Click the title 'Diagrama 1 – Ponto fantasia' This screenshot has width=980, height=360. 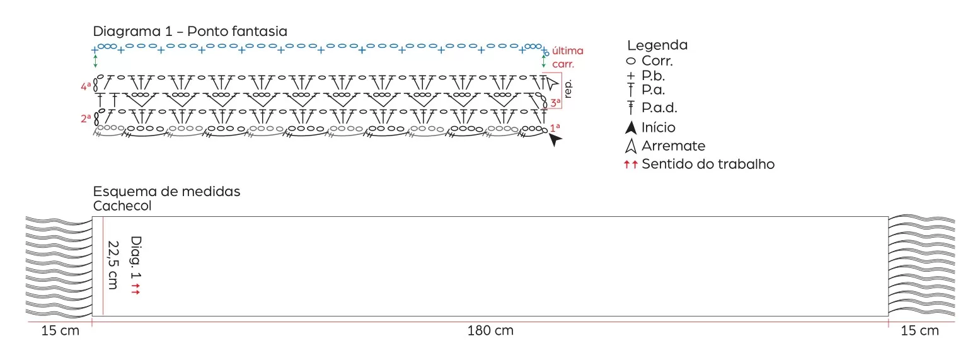point(190,31)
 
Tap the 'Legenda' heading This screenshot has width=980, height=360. point(657,45)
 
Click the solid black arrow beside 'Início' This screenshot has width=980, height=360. point(630,127)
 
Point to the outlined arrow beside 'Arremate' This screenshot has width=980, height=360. point(630,146)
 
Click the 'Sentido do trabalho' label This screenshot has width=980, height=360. point(708,164)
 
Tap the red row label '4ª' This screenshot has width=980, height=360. point(86,86)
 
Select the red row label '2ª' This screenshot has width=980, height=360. point(86,119)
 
